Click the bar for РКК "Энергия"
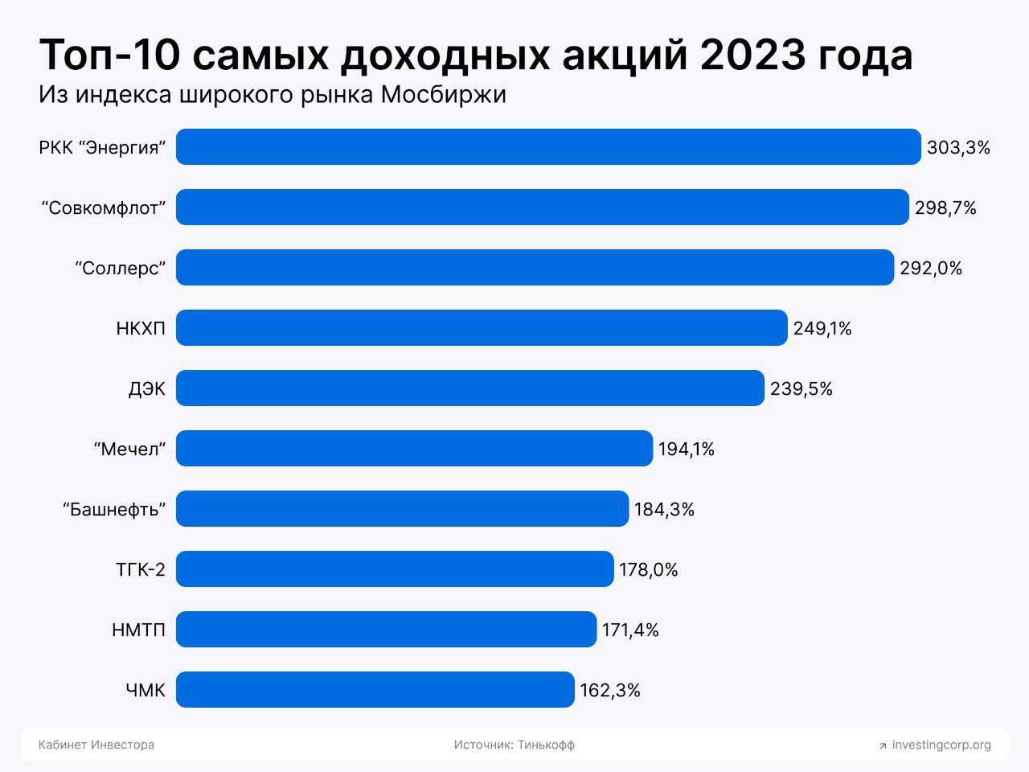(548, 146)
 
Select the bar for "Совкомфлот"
(543, 207)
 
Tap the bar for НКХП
(482, 327)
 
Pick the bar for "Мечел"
(414, 448)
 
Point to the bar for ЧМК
(375, 689)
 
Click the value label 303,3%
(958, 147)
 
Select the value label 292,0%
(931, 268)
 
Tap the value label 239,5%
(801, 388)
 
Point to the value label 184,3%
(664, 509)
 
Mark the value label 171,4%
(630, 630)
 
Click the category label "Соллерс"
(121, 268)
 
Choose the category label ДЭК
(147, 388)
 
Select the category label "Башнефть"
(114, 509)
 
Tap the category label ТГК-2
(141, 569)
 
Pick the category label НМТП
(138, 630)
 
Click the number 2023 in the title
(752, 55)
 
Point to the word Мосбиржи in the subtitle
(443, 95)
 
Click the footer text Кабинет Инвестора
(96, 745)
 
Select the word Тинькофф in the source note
(546, 745)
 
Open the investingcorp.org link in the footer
(941, 745)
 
